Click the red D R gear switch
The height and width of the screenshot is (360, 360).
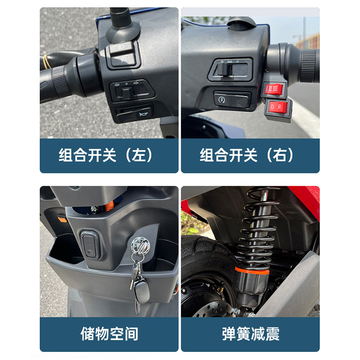point(278,107)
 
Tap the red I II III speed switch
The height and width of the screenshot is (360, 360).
point(274,89)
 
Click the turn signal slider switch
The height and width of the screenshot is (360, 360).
point(132,91)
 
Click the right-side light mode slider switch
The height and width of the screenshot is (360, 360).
point(230,70)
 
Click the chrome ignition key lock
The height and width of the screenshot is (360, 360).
point(140,246)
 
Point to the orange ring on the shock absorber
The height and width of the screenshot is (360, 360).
point(252,271)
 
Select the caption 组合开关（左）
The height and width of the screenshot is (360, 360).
point(106,155)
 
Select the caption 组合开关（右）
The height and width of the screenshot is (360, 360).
point(247,155)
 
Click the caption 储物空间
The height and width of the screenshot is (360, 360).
point(109,333)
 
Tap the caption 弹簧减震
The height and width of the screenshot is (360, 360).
point(251,333)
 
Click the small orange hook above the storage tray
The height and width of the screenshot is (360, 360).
point(62,219)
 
